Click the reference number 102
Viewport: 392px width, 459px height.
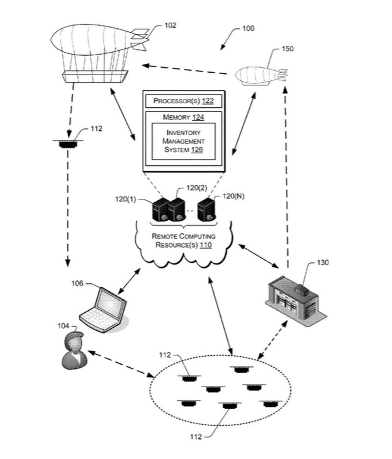[x=170, y=25]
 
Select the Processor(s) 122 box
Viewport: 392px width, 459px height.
[x=183, y=101]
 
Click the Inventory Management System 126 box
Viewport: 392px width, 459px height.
[x=183, y=142]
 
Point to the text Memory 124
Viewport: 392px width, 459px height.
[x=183, y=117]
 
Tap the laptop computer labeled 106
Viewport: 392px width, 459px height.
[x=104, y=310]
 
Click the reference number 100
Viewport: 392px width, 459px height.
[x=248, y=29]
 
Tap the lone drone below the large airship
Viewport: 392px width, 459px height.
[x=68, y=143]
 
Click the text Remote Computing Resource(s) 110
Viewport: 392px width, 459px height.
[x=183, y=241]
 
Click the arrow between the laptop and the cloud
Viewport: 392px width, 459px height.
[x=129, y=281]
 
